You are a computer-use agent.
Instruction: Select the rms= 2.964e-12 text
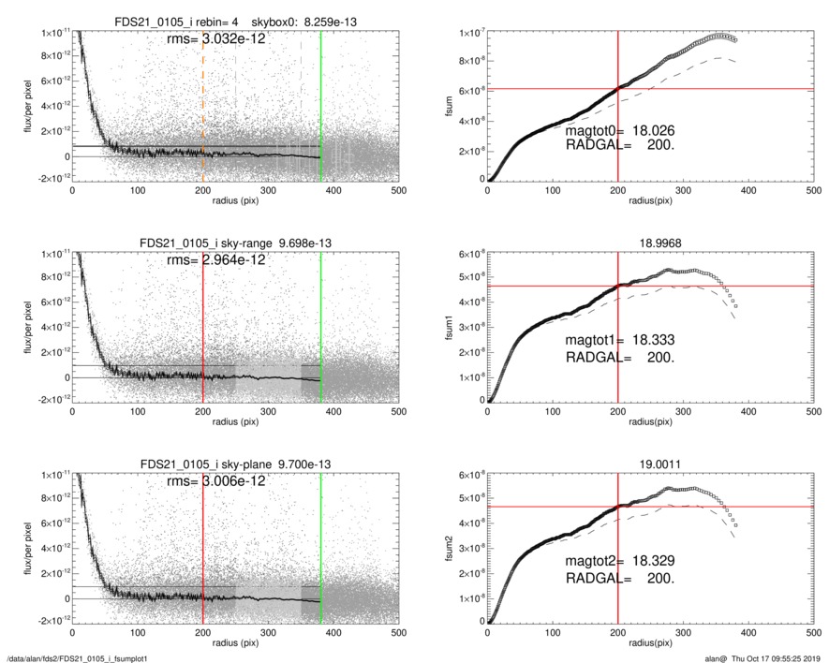point(215,259)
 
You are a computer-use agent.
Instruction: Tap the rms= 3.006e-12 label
point(215,480)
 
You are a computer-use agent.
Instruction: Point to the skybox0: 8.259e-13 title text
point(323,22)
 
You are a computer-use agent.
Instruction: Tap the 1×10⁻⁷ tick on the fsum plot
point(466,34)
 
